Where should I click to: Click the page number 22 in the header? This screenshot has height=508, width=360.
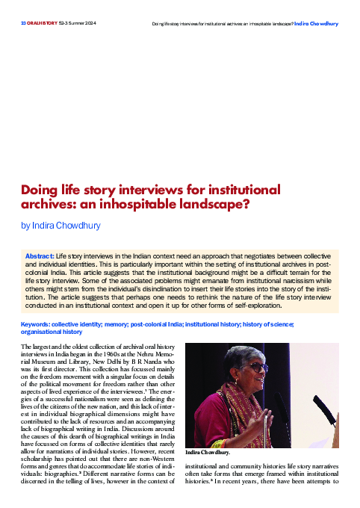pyautogui.click(x=23, y=23)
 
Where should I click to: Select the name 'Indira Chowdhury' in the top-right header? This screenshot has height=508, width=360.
pyautogui.click(x=316, y=23)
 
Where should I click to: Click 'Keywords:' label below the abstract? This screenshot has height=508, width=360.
pyautogui.click(x=36, y=324)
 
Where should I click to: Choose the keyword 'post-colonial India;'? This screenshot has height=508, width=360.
pyautogui.click(x=155, y=324)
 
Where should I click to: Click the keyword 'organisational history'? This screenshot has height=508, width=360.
pyautogui.click(x=50, y=332)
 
